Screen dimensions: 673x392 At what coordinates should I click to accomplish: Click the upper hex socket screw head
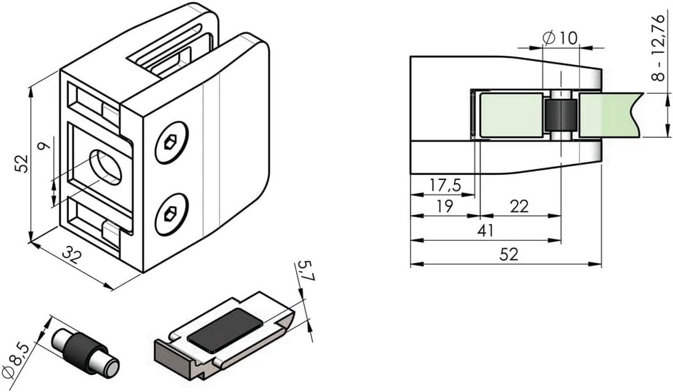(x=172, y=142)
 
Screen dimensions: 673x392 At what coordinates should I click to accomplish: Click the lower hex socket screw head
(x=172, y=214)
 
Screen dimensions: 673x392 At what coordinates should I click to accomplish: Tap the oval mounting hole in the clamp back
(x=106, y=167)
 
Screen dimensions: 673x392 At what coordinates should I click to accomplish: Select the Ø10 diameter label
(x=560, y=39)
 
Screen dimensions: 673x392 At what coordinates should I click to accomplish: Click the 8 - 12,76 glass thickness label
(x=658, y=48)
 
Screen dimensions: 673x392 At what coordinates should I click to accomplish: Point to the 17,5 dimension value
(x=445, y=185)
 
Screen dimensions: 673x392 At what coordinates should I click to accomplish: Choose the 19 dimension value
(x=445, y=206)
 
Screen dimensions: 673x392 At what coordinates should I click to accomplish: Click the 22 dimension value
(x=519, y=206)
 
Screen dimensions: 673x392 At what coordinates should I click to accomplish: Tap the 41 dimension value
(x=486, y=231)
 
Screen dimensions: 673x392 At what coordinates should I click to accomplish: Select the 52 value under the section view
(x=509, y=255)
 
